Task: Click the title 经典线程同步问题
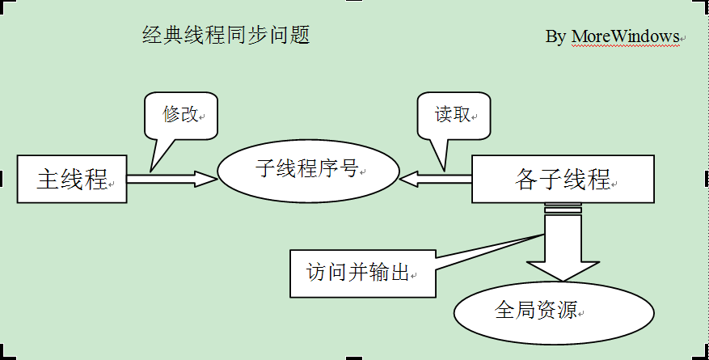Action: (226, 34)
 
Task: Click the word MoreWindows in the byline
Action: (626, 36)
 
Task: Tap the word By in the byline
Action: (555, 36)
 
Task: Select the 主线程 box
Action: (72, 179)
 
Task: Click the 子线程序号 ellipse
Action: (308, 171)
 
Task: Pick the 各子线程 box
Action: (563, 179)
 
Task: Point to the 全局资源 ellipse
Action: (554, 312)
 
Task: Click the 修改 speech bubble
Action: (181, 116)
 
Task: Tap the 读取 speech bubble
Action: (454, 116)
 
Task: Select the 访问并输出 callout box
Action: (363, 273)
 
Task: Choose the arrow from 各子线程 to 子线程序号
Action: (436, 179)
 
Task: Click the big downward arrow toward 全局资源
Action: (563, 248)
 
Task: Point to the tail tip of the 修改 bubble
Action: (150, 172)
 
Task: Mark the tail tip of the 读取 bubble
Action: (445, 172)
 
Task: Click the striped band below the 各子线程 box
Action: (563, 208)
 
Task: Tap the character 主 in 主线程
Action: (49, 179)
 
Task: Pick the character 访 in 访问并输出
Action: (316, 273)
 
